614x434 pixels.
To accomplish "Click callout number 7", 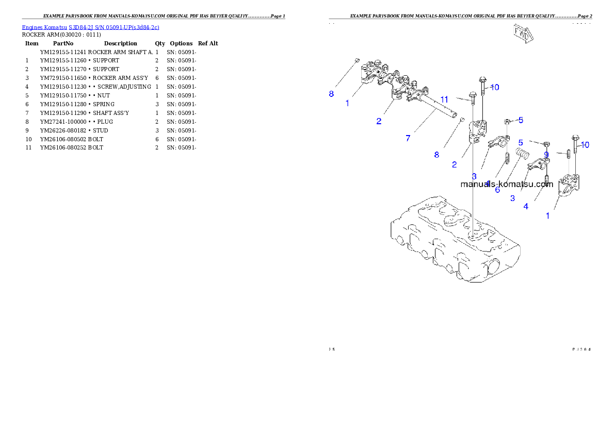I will point(408,138).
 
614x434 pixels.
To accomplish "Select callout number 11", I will point(444,99).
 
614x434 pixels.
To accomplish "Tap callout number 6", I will point(497,190).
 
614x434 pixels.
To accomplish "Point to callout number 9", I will point(546,154).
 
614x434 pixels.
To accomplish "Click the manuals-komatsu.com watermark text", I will point(507,183).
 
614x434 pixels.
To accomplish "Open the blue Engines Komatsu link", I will point(90,27).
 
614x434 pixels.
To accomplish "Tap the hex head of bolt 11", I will point(472,95).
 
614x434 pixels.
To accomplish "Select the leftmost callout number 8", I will point(331,94).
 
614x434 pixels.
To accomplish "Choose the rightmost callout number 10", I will point(585,145).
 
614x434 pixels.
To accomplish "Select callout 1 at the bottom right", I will point(548,216).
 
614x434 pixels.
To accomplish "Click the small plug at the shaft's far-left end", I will point(357,61).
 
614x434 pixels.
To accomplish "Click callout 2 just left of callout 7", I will point(379,121).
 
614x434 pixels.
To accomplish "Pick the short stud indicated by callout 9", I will point(568,154).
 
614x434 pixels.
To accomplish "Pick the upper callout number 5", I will point(521,120).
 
